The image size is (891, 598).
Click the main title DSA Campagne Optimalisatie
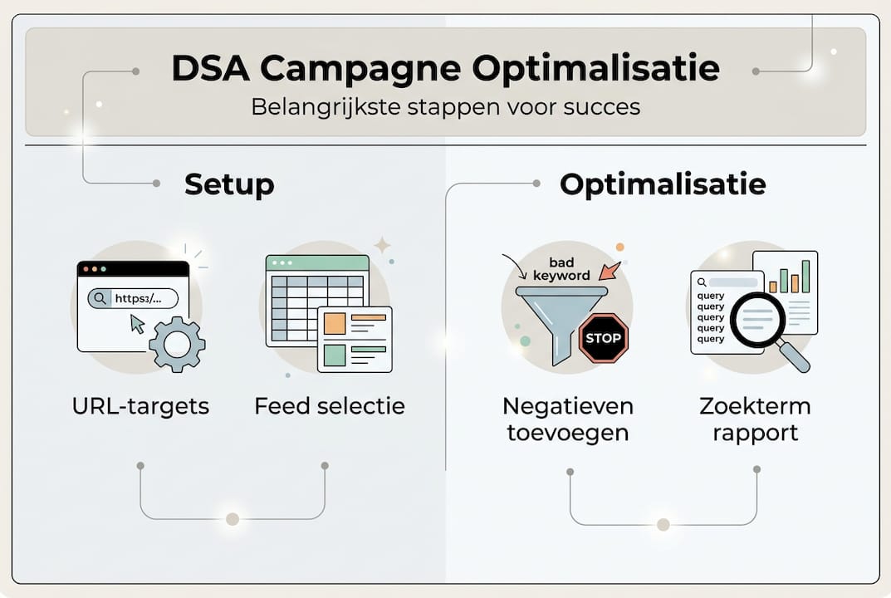pyautogui.click(x=445, y=69)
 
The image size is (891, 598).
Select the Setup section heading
pyautogui.click(x=229, y=184)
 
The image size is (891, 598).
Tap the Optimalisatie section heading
pyautogui.click(x=663, y=184)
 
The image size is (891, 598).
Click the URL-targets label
pyautogui.click(x=140, y=406)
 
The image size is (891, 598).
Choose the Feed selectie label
pyautogui.click(x=330, y=406)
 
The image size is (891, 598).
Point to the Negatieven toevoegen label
pyautogui.click(x=568, y=419)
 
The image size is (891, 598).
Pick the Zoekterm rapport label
pyautogui.click(x=755, y=419)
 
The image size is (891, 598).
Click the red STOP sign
pyautogui.click(x=604, y=338)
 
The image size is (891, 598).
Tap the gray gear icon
pyautogui.click(x=177, y=343)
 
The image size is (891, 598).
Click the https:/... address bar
pyautogui.click(x=133, y=298)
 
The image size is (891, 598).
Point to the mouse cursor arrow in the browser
pyautogui.click(x=137, y=323)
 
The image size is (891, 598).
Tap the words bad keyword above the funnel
pyautogui.click(x=562, y=269)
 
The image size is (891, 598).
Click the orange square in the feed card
pyautogui.click(x=335, y=323)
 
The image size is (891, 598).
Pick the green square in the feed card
pyautogui.click(x=335, y=355)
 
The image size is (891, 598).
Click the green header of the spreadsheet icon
pyautogui.click(x=316, y=263)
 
